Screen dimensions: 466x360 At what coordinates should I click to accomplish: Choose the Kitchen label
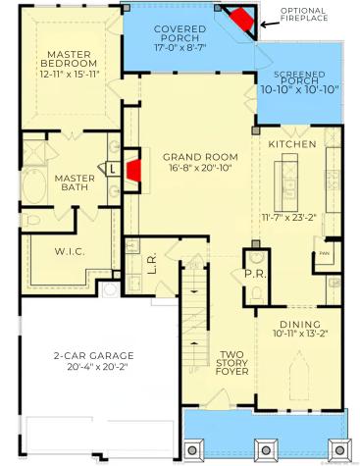[291, 144]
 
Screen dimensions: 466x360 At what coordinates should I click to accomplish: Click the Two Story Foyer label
[231, 363]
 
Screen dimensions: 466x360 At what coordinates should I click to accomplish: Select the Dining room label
[299, 325]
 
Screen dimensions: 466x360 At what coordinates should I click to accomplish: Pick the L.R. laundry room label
[152, 264]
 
